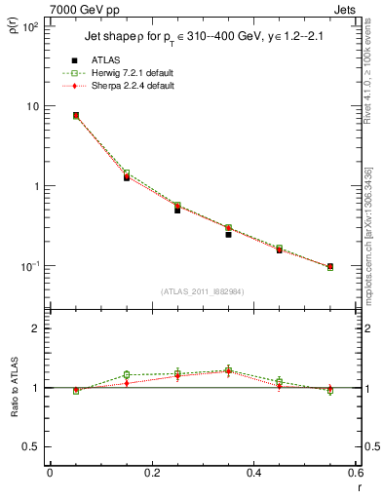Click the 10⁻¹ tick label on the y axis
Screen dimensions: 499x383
26,266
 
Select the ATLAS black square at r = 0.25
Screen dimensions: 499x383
177,210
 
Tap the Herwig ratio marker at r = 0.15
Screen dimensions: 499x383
127,374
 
